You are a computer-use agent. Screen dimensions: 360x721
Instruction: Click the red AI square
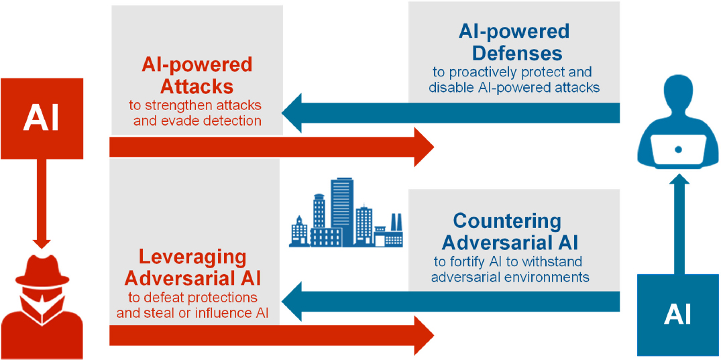(42, 119)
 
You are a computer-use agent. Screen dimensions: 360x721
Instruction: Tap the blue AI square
(677, 314)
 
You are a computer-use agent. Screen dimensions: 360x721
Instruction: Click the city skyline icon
(345, 215)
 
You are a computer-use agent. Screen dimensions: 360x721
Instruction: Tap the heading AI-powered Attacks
(197, 75)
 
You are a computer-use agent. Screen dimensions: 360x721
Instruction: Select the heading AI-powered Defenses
(514, 42)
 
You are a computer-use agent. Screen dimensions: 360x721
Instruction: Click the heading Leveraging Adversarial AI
(192, 267)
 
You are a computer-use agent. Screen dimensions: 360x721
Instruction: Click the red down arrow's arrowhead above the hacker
(42, 239)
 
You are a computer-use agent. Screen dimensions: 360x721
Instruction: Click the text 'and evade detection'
(197, 121)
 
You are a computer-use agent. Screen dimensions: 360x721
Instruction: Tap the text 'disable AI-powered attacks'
(514, 87)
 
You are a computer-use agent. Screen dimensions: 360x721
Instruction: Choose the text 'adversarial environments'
(510, 276)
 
